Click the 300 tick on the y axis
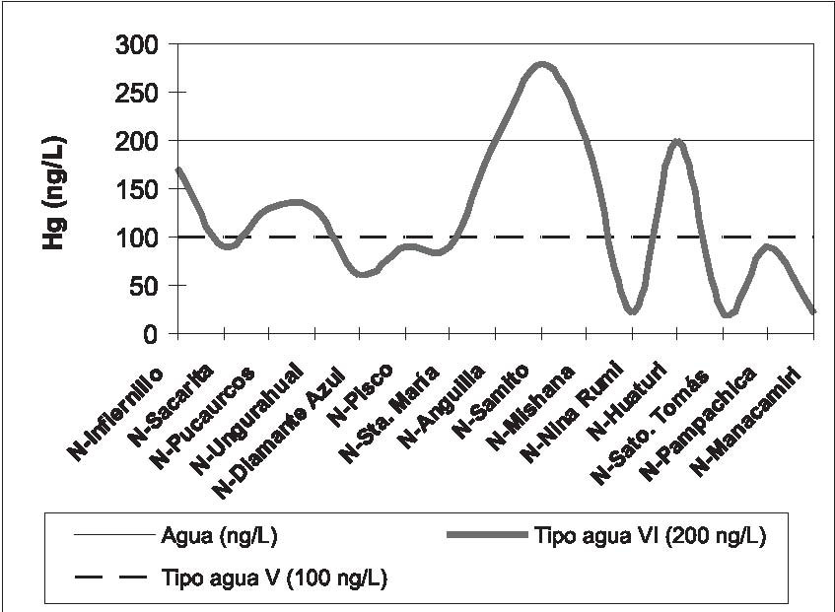[135, 45]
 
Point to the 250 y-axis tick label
[135, 93]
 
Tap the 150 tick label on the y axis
[135, 189]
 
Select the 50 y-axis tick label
[143, 286]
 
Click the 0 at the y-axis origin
[151, 334]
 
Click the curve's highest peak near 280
[541, 65]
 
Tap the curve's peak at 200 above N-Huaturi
[677, 142]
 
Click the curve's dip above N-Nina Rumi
[632, 311]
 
